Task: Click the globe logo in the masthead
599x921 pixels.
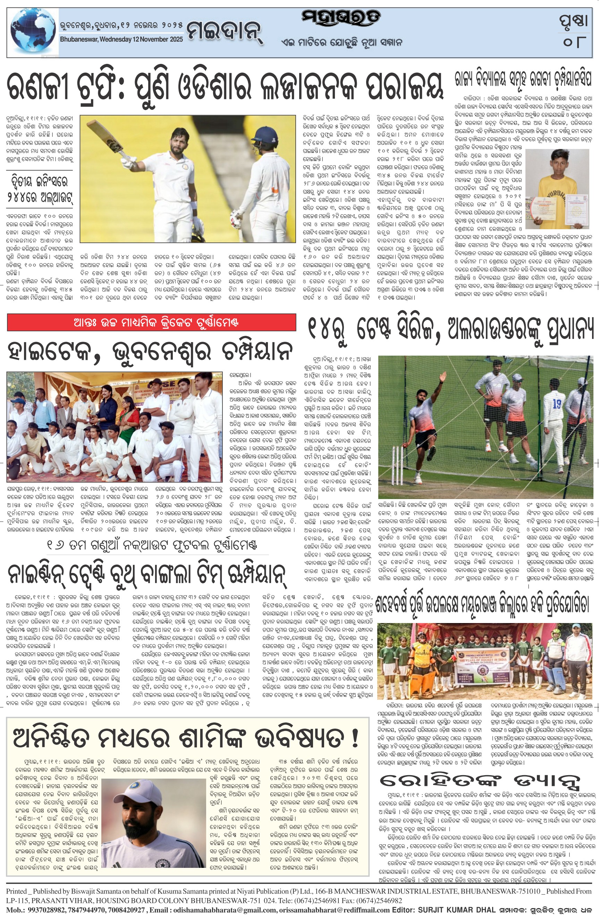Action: (x=32, y=33)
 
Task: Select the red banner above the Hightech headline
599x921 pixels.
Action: (x=152, y=322)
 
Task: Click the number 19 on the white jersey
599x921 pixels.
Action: (x=556, y=404)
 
